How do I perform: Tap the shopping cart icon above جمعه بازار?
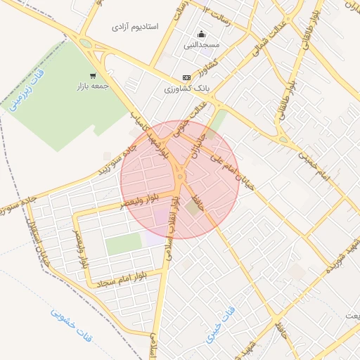click(x=93, y=75)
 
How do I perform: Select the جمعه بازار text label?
click(x=93, y=86)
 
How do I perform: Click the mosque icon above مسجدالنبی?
click(x=202, y=34)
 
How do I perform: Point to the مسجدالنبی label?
click(x=202, y=45)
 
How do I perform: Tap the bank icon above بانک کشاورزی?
click(x=186, y=77)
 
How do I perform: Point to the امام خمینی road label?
click(x=323, y=165)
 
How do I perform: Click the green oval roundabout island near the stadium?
click(x=86, y=44)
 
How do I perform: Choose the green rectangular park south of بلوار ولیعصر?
click(x=124, y=244)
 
